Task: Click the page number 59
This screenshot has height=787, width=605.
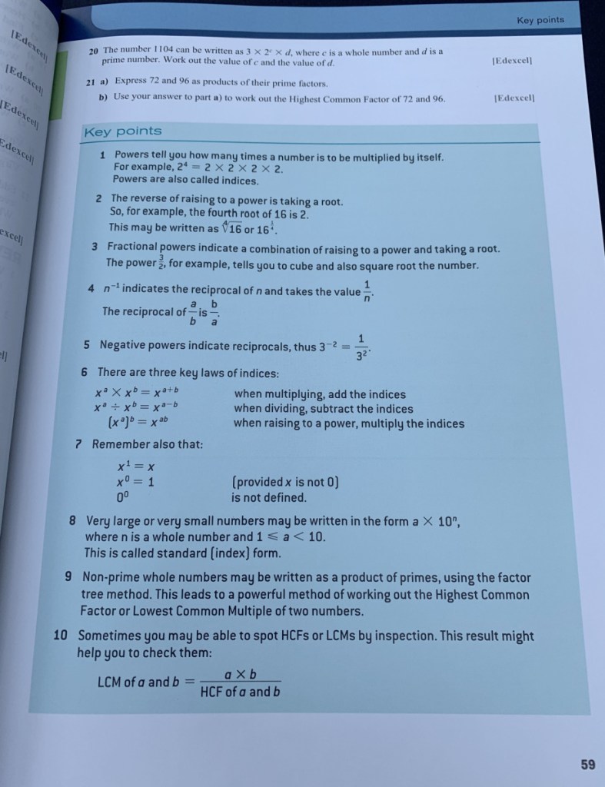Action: click(587, 764)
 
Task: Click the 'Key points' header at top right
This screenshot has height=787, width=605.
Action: click(540, 20)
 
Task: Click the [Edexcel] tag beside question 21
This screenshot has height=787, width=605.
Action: click(514, 98)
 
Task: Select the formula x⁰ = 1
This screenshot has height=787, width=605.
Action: click(136, 482)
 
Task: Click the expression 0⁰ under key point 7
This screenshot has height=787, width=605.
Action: click(123, 497)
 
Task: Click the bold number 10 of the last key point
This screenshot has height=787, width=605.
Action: click(63, 636)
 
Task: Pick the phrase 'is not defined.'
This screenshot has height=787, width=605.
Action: click(269, 497)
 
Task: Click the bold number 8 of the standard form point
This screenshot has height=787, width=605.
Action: click(73, 520)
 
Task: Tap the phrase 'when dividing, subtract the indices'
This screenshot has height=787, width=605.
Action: click(323, 409)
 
